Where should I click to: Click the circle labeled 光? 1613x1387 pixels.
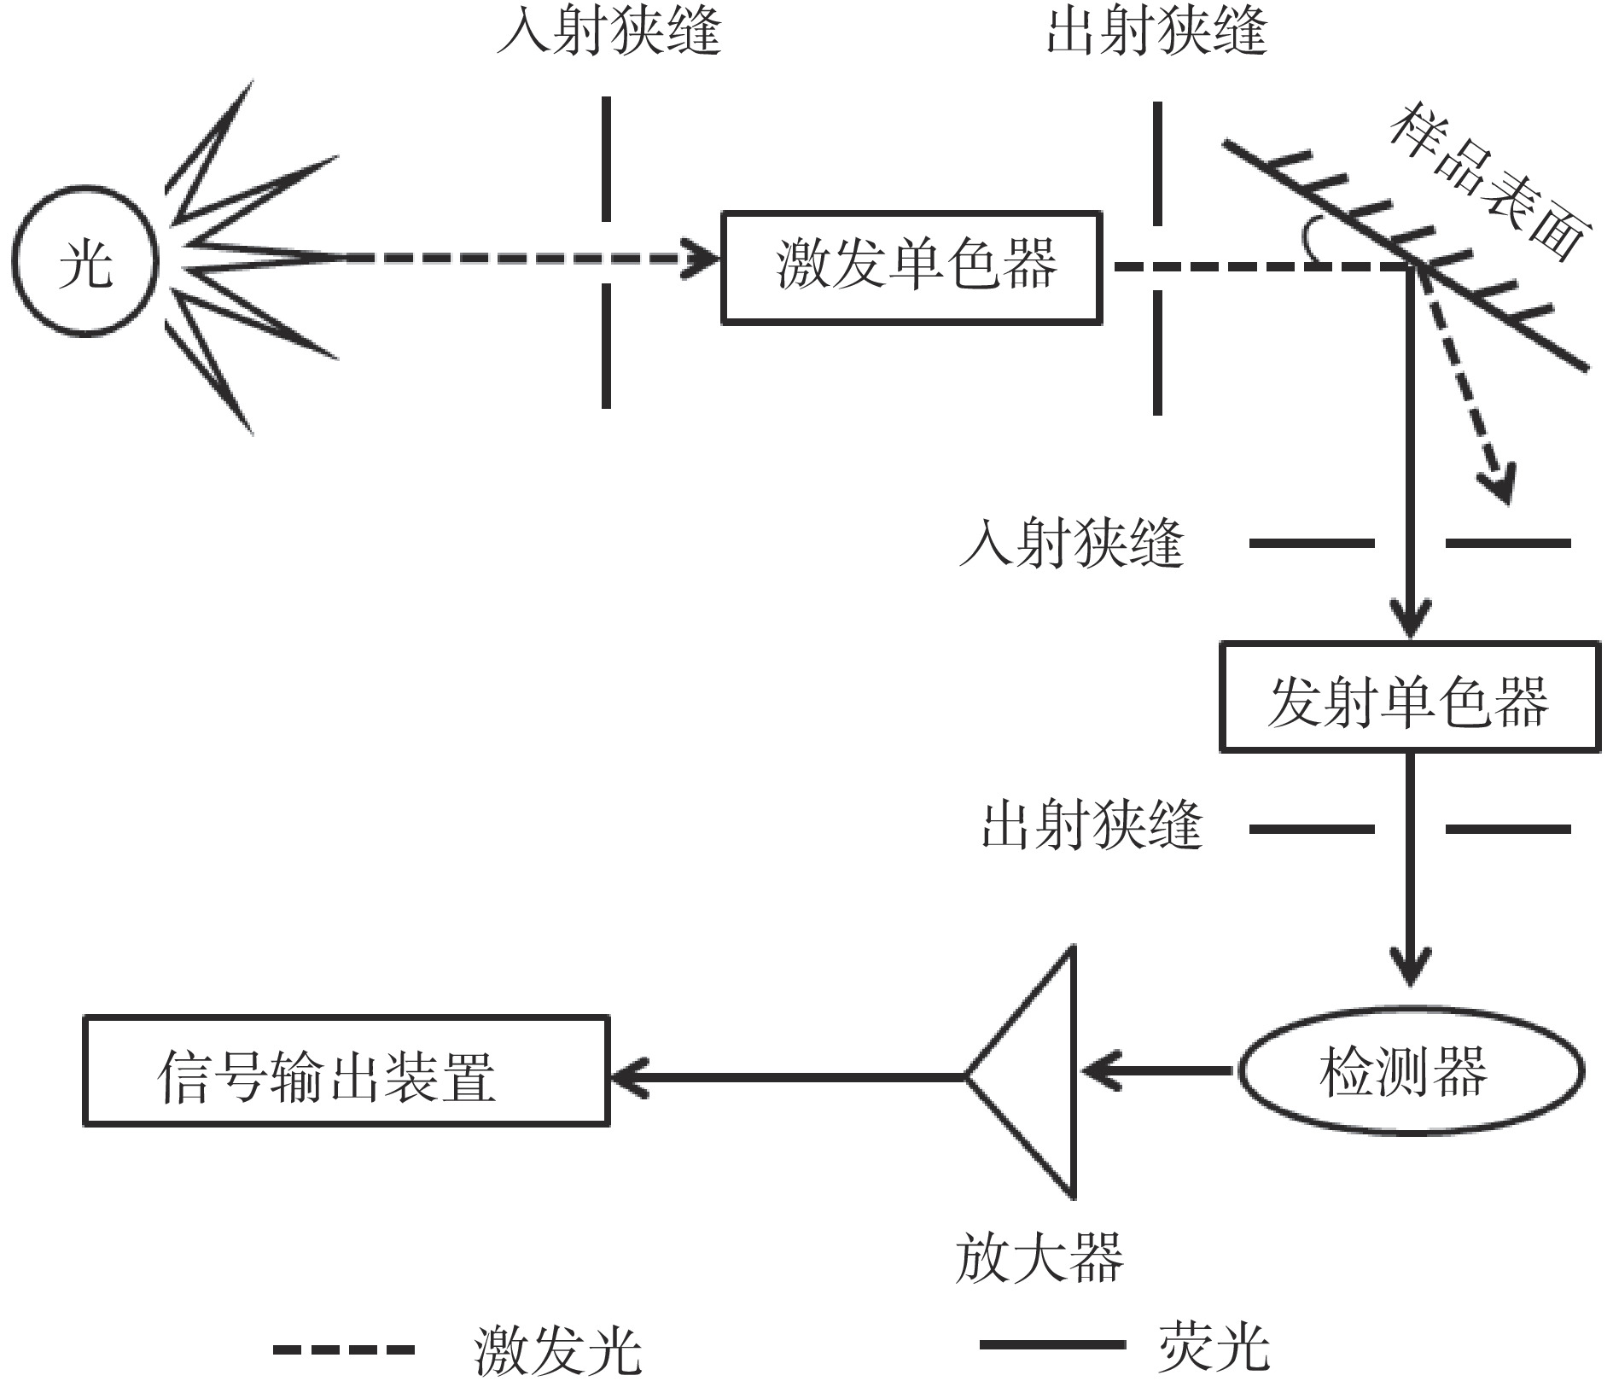coord(85,260)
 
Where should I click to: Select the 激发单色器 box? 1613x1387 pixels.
coord(911,268)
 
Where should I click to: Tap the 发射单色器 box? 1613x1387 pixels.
coord(1410,697)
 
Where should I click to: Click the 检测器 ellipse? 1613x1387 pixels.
coord(1410,1070)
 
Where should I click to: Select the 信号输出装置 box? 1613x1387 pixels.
coord(346,1070)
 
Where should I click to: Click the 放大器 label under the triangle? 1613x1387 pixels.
coord(1038,1257)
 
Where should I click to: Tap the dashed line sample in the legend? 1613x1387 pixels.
coord(343,1350)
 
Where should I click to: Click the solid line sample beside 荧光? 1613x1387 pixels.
coord(1051,1345)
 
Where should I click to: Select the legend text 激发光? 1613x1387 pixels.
coord(557,1350)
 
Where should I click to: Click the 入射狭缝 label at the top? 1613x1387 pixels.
coord(609,32)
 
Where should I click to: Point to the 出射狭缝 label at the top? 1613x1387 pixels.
coord(1156,32)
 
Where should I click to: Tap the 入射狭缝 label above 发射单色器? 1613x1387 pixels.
coord(1072,543)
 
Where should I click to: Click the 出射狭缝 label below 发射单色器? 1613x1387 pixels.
coord(1092,825)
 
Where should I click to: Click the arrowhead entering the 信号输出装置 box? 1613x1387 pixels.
coord(626,1075)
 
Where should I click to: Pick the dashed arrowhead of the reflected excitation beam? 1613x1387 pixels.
coord(1499,487)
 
